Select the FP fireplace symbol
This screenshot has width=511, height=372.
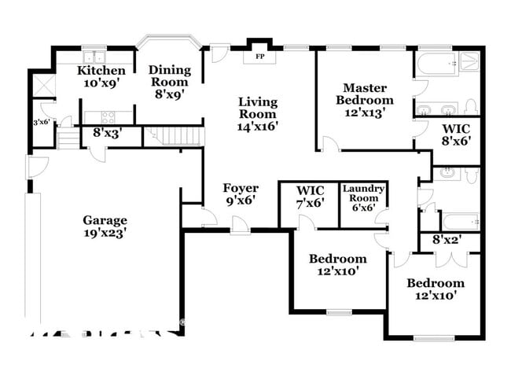pyautogui.click(x=259, y=57)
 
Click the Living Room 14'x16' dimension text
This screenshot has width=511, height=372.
pyautogui.click(x=258, y=125)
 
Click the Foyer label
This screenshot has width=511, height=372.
pyautogui.click(x=240, y=188)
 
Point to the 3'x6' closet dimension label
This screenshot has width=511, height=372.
pyautogui.click(x=41, y=122)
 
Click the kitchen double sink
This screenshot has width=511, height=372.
pyautogui.click(x=95, y=57)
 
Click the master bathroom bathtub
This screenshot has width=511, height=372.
pyautogui.click(x=436, y=64)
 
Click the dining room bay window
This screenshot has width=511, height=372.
pyautogui.click(x=169, y=41)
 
